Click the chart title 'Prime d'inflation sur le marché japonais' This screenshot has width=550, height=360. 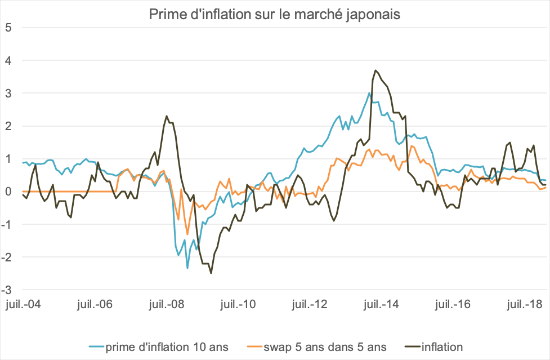tap(275, 14)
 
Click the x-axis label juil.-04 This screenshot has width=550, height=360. tap(23, 304)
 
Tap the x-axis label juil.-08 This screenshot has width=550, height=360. tap(167, 304)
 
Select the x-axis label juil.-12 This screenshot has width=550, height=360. tap(311, 304)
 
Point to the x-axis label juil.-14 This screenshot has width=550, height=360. tap(383, 304)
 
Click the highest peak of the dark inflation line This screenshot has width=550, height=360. tap(375, 70)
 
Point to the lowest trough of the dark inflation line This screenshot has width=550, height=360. tap(211, 273)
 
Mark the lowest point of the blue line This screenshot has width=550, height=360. tap(187, 268)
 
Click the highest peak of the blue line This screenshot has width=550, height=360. tap(369, 93)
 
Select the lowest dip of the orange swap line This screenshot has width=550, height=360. tap(187, 234)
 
